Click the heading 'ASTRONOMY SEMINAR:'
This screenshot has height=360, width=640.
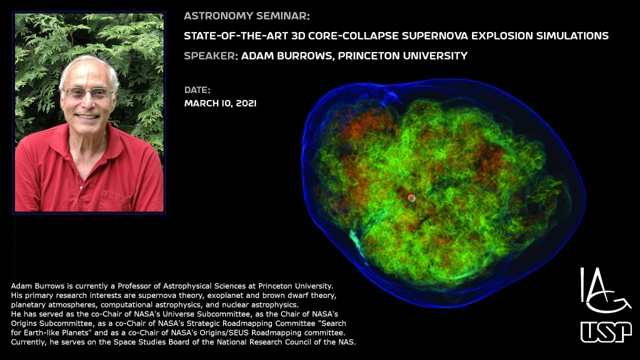click(247, 16)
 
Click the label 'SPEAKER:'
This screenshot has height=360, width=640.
click(210, 55)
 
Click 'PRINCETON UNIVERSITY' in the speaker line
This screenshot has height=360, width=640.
click(402, 55)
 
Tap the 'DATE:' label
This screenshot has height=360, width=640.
click(197, 90)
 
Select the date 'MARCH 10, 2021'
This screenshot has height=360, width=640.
click(220, 103)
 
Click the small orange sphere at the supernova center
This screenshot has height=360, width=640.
click(411, 198)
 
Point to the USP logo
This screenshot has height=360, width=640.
click(606, 332)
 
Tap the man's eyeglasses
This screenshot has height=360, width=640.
click(88, 93)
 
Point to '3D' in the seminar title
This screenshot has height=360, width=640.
click(291, 35)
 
